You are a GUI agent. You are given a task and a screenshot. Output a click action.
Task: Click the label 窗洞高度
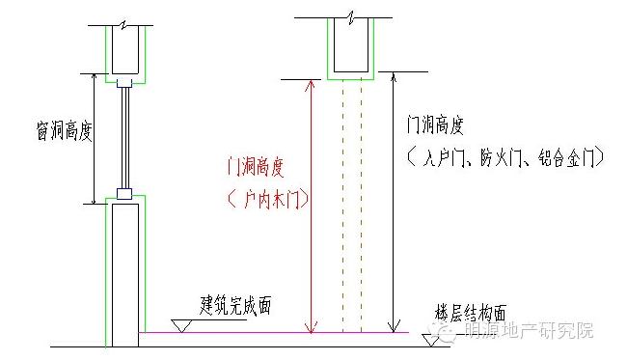[65, 131]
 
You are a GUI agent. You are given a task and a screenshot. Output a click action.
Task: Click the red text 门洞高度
[255, 167]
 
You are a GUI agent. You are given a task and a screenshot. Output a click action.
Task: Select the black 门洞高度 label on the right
[435, 125]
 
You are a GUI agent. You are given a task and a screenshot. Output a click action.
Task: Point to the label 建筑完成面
[235, 306]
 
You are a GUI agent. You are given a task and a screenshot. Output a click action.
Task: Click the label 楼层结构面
[471, 313]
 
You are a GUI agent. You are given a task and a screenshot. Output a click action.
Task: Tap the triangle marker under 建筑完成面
[181, 325]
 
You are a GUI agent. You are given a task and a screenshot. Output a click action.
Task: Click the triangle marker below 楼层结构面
[431, 340]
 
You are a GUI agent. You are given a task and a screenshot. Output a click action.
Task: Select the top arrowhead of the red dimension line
[312, 84]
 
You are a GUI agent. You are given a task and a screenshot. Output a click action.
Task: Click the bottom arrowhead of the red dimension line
[312, 327]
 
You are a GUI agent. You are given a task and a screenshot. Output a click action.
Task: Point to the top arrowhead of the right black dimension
[394, 77]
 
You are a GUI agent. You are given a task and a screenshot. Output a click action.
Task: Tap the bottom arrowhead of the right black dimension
[394, 326]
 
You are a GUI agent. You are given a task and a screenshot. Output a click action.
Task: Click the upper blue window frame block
[124, 84]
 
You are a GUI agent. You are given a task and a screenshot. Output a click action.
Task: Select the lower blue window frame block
[124, 194]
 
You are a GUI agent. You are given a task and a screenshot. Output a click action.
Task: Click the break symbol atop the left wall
[124, 26]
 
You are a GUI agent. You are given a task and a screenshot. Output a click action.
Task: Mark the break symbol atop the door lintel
[351, 18]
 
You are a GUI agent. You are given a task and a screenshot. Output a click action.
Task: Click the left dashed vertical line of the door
[342, 206]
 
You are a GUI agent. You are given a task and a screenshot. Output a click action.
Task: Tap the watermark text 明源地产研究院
[529, 330]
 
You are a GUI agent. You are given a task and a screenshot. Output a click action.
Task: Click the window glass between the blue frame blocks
[124, 138]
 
